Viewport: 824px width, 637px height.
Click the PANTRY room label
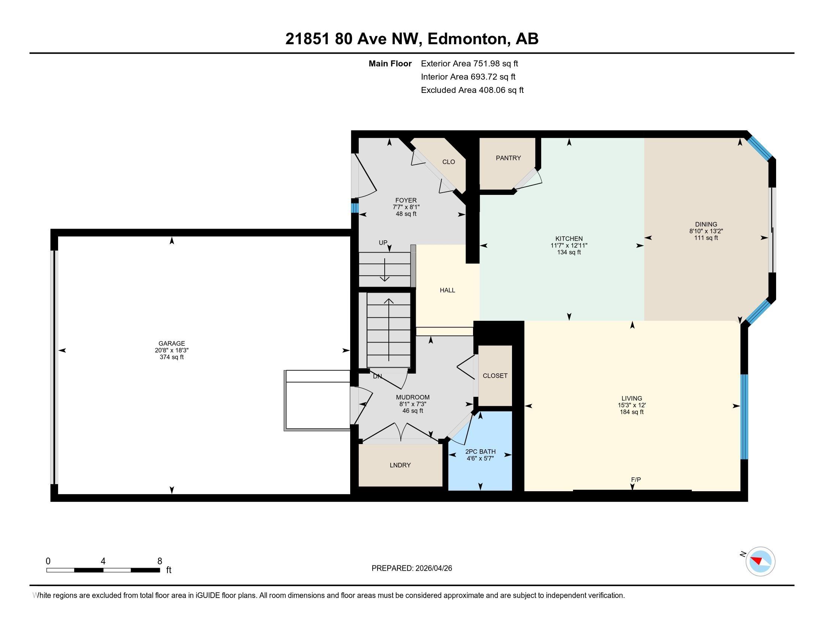click(508, 158)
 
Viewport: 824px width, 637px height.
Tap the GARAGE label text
click(172, 343)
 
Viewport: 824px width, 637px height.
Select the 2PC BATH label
click(480, 452)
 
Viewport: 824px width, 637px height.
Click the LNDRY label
click(400, 465)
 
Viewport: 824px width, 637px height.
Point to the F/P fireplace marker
click(636, 480)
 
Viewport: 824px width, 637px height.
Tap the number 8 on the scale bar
click(160, 561)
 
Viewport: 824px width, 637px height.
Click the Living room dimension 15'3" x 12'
click(631, 405)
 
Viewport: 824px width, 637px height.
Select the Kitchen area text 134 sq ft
click(569, 252)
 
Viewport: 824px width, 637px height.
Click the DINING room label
click(706, 224)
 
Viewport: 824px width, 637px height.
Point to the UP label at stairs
click(383, 243)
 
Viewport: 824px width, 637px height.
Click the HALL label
click(447, 290)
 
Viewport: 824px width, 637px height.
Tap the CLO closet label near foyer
click(448, 162)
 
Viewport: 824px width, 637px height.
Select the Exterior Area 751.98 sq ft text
click(469, 64)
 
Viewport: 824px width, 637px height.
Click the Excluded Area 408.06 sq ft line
click(472, 90)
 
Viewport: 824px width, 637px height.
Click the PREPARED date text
click(412, 568)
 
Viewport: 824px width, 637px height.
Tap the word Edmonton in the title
click(467, 39)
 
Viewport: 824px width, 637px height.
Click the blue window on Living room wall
click(744, 417)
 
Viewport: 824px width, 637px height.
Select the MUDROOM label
click(412, 397)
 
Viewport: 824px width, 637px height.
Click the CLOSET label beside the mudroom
click(495, 376)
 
